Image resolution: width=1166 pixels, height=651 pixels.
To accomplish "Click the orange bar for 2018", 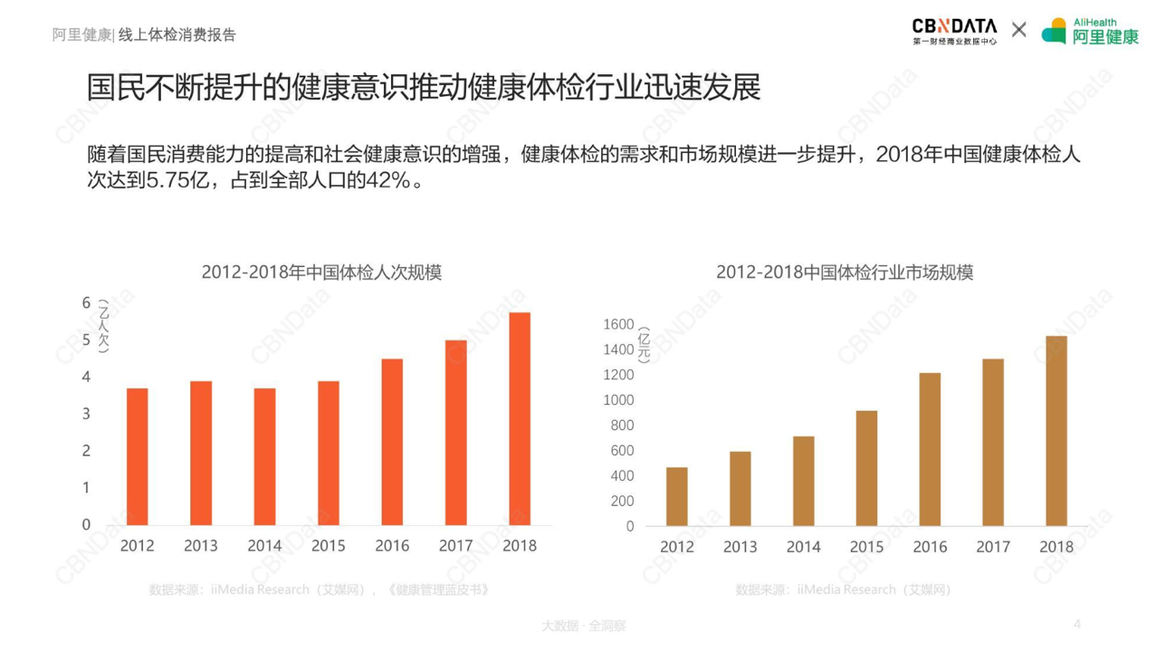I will pos(519,418).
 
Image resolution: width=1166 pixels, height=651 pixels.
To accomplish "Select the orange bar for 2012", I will pos(137,456).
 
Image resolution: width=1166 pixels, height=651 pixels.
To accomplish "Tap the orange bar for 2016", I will pos(392,442).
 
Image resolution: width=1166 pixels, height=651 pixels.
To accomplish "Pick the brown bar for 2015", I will pos(866,468).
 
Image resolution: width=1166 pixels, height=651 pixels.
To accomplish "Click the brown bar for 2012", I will pos(676,496).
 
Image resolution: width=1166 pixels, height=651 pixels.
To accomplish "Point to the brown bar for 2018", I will pos(1056,431).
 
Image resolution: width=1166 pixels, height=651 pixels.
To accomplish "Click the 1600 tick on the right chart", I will pos(618,324).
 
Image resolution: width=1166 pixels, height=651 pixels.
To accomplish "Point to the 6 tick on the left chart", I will pos(87,303).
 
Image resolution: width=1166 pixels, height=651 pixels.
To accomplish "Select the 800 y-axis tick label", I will pos(622,426).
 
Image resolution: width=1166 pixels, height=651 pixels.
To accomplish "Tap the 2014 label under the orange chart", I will pos(264,546).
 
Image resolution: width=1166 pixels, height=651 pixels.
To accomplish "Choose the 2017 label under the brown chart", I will pos(993,547).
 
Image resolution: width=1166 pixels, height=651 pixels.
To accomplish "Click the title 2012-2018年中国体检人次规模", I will pos(321,273).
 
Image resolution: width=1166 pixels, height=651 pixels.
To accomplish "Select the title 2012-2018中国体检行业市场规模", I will pos(844,273).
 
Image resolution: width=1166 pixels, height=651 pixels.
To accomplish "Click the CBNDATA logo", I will pos(954,31).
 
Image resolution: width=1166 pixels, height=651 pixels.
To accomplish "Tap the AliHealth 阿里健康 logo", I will pos(1090,31).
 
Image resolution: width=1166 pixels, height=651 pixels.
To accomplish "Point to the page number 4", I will pos(1077,624).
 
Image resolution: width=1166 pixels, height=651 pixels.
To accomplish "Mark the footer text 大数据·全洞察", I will pos(583,626).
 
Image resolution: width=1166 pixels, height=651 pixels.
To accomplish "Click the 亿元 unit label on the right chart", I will pos(645,345).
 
